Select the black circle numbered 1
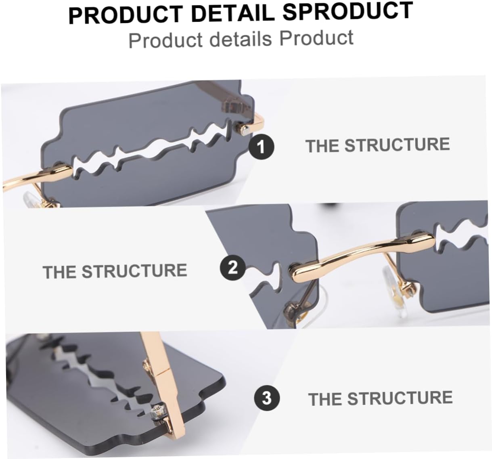click(x=261, y=147)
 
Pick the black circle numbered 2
click(x=232, y=268)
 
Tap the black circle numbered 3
click(x=266, y=398)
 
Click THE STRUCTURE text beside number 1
click(x=377, y=145)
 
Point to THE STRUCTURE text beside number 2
click(x=115, y=271)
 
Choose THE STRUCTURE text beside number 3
click(x=380, y=398)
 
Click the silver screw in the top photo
click(x=242, y=129)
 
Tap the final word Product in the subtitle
click(x=316, y=38)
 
